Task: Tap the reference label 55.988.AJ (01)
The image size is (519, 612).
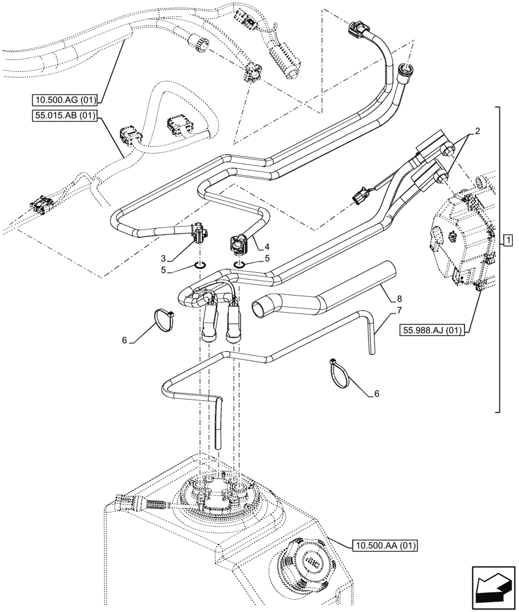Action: point(431,331)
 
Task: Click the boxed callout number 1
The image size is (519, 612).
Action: point(506,239)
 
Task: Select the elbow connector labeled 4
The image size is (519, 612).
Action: point(239,242)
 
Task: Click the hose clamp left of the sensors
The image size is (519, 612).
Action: point(163,319)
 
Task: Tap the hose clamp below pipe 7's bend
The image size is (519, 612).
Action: point(340,371)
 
